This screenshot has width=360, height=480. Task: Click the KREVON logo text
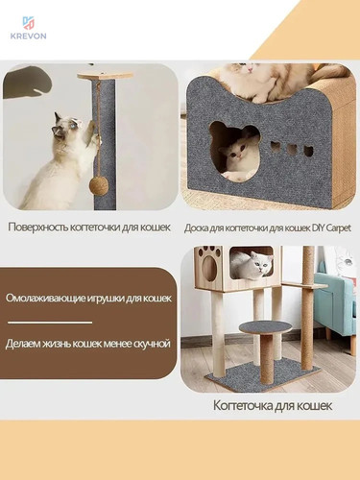(28, 36)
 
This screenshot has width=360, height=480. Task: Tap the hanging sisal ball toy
(97, 186)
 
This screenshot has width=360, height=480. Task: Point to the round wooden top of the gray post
(106, 75)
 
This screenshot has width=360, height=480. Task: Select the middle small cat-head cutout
(291, 149)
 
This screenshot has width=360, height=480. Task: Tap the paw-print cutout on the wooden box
(209, 263)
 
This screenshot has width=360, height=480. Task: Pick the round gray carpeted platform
(265, 327)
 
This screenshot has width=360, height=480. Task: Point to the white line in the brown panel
(50, 323)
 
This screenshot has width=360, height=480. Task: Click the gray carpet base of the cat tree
(263, 376)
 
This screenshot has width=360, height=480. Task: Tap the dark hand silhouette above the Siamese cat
(27, 82)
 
